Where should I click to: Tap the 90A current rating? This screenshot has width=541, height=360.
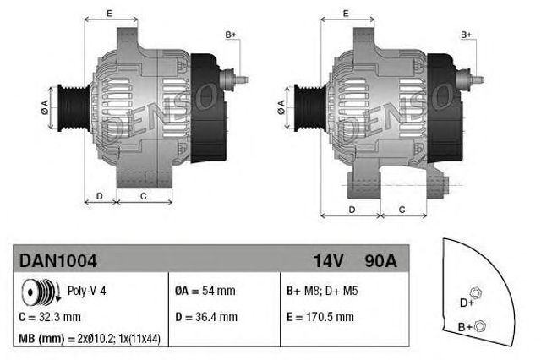[x=379, y=261]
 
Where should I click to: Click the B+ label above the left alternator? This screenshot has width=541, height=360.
[x=230, y=35]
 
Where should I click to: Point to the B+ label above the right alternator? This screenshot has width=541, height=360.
[x=466, y=35]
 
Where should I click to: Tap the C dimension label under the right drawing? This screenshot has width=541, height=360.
[x=401, y=208]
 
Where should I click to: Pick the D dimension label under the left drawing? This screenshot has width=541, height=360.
[x=100, y=196]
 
